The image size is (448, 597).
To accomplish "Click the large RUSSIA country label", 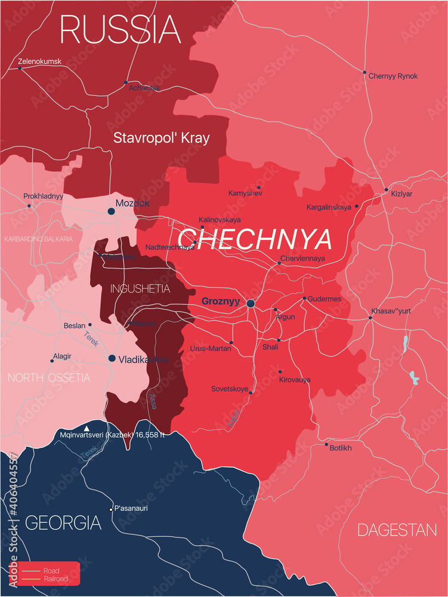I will click(120, 29).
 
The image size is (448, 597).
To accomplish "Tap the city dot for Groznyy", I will click(251, 304).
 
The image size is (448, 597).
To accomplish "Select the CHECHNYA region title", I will click(255, 239).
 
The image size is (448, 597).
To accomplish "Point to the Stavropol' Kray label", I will click(162, 138).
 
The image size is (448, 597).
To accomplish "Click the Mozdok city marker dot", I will click(111, 211).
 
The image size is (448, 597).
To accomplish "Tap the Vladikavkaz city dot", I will click(112, 358).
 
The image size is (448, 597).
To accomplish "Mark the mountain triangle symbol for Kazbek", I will click(88, 429).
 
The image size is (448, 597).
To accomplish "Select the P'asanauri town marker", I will click(111, 509).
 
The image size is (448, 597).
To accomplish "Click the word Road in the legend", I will click(52, 571).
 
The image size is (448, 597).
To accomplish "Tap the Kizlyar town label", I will click(401, 195).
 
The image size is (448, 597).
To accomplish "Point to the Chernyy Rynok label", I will click(393, 76).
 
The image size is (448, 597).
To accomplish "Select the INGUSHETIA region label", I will click(140, 289).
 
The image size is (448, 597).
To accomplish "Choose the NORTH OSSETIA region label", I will click(49, 377).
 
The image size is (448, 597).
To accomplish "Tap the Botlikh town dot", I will click(326, 444).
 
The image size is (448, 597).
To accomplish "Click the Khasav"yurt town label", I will click(391, 311).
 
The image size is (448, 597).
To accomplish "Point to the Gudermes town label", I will click(325, 298).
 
